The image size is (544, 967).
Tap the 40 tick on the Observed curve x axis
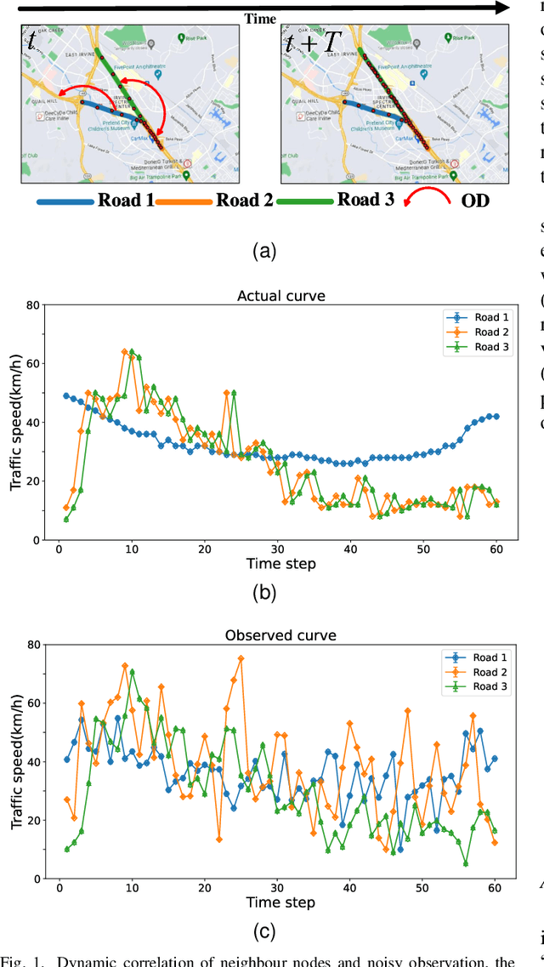pos(350,887)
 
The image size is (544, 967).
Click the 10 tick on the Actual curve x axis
pos(131,549)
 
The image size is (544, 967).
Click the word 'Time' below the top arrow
pos(261,18)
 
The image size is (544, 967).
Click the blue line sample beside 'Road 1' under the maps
pos(64,203)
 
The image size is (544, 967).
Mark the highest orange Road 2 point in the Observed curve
pos(241,657)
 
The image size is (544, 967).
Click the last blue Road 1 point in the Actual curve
pos(496,417)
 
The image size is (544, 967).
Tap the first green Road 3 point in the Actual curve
pos(66,519)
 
